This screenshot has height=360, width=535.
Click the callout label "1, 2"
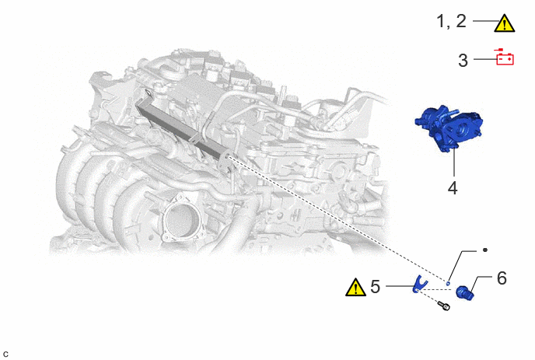point(451,21)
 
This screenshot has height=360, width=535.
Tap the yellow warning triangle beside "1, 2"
point(505,23)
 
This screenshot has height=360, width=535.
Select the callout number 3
point(463,61)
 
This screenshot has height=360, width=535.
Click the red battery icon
point(505,58)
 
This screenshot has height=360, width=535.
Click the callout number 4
point(453,188)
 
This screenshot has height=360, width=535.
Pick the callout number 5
point(375,287)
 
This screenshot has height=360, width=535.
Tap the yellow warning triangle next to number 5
point(355,288)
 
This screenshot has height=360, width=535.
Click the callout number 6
point(502,278)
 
